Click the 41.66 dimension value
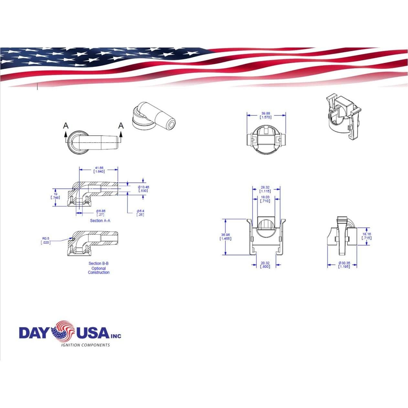coord(99,168)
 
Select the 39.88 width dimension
coord(266,113)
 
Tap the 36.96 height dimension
coord(225,235)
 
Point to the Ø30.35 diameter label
coord(344,263)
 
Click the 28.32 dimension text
coord(265,187)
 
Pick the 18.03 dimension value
coord(265,197)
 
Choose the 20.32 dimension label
coord(265,263)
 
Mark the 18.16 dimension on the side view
coord(367,234)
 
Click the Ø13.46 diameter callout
coord(143,187)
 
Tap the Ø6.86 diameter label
coord(100,211)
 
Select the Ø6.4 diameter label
coord(140,211)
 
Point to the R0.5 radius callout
coord(46,239)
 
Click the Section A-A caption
coord(100,220)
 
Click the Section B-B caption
coord(99,263)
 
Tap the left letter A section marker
coord(66,125)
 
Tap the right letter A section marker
coord(121,125)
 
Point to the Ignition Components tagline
coord(86,345)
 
